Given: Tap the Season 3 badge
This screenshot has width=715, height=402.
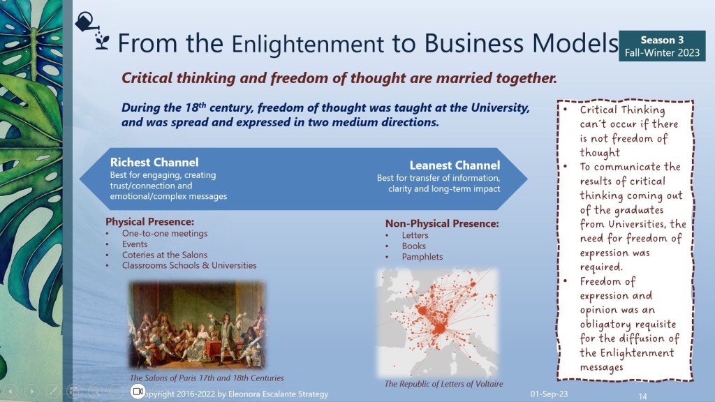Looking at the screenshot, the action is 662,46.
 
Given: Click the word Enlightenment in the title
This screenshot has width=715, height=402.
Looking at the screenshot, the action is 307,45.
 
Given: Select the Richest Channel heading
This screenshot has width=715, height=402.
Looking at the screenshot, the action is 154,162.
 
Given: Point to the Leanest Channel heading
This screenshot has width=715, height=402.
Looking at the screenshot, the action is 455,165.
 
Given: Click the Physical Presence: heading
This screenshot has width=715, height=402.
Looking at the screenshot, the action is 149,221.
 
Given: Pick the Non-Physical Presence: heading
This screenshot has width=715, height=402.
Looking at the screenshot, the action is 442,223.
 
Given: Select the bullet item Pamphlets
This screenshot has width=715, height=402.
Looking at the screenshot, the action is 422,257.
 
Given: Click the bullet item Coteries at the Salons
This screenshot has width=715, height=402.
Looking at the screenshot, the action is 165,255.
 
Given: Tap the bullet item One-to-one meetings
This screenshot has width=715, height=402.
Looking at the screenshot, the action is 165,233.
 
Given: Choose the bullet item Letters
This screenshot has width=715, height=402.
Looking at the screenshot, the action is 415,235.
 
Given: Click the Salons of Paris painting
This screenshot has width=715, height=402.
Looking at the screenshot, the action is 197,324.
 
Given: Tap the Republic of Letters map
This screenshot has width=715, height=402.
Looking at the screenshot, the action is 437,322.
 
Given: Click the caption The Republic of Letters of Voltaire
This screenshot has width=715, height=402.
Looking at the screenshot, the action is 443,384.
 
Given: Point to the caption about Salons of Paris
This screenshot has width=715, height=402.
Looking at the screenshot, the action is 207,378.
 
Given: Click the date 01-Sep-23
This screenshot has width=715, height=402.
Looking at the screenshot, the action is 549,394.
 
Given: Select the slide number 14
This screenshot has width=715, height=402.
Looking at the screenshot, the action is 642,396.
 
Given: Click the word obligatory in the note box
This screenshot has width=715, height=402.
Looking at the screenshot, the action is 605,325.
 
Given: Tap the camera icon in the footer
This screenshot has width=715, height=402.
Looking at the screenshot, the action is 138,391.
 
